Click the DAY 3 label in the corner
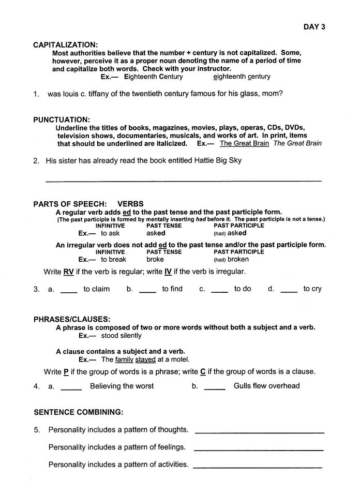coord(313,27)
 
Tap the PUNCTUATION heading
coord(62,119)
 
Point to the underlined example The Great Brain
coord(244,143)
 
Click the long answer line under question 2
coord(184,181)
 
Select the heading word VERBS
coord(130,204)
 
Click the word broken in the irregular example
coord(238,259)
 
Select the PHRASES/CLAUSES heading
coord(72,319)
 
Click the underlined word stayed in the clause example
coord(145,359)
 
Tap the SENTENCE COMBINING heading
coord(78,412)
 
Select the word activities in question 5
coord(171,465)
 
